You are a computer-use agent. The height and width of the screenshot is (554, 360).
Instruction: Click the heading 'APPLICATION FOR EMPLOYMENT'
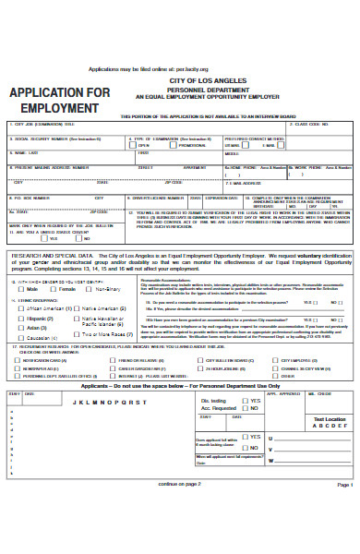click(60, 101)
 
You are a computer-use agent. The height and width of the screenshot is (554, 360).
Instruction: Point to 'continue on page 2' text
click(180, 535)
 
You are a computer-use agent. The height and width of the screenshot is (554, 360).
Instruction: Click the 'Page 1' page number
click(344, 536)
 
